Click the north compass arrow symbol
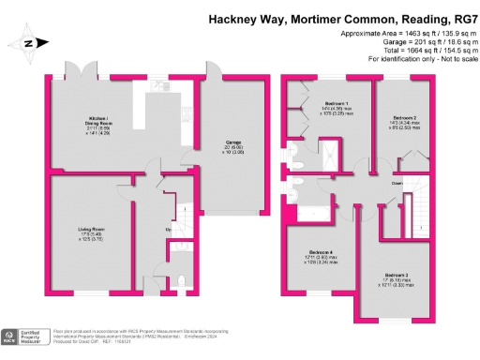pos(29,43)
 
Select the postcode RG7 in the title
pos(460,17)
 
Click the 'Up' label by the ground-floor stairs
pos(169,230)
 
